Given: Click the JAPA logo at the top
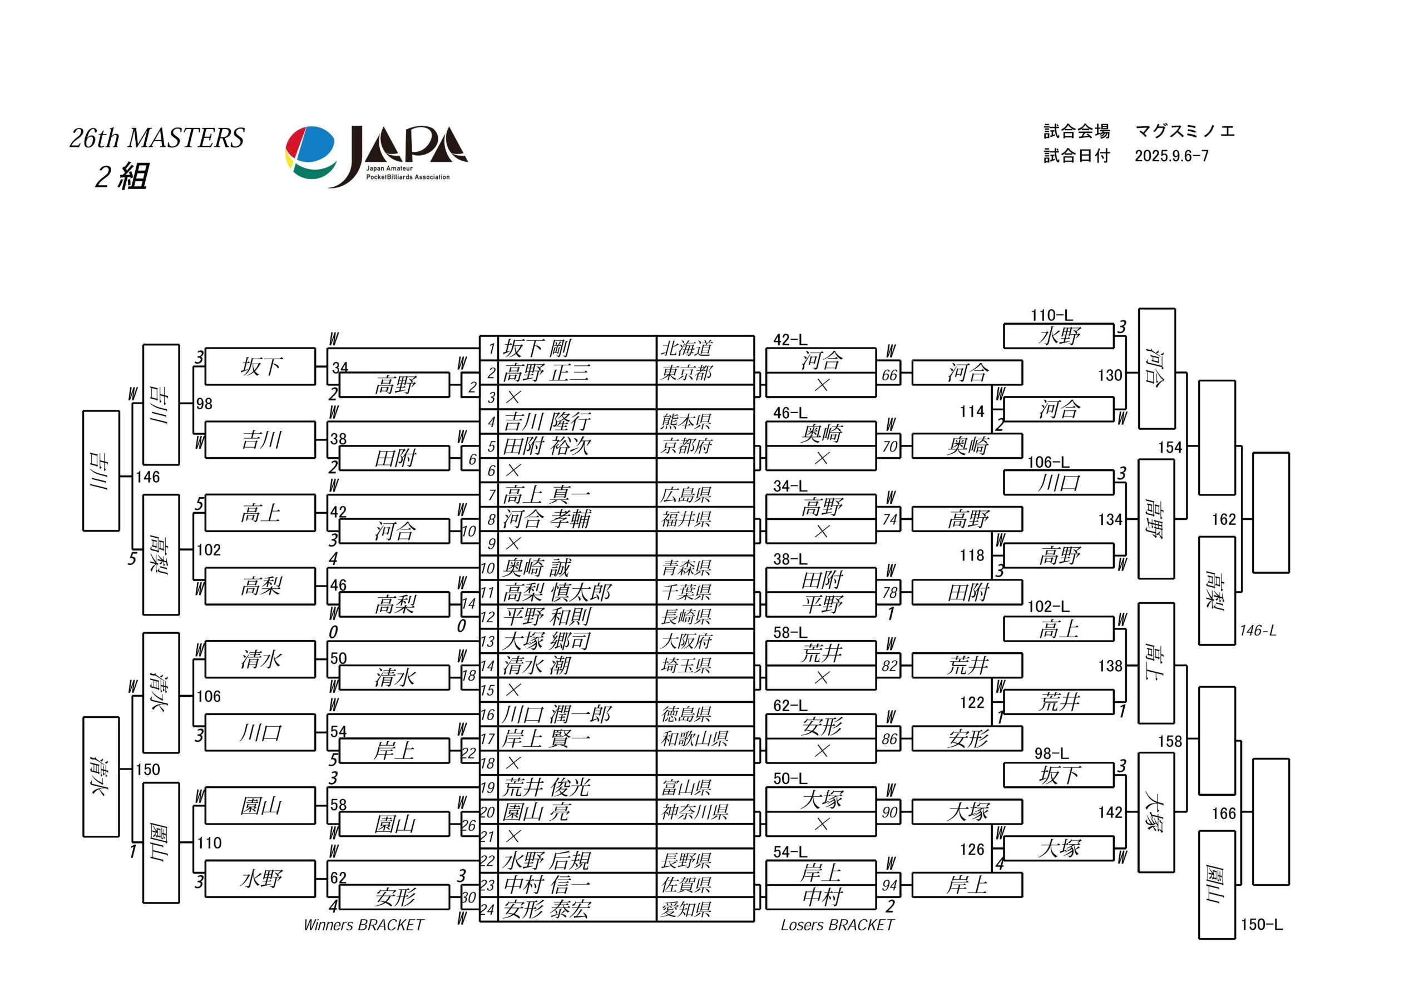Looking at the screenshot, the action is [377, 156].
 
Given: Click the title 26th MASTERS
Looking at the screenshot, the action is [157, 138].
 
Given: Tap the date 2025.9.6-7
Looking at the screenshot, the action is [1171, 156].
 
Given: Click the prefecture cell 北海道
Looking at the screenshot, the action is [686, 349].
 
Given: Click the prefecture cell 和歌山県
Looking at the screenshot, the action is [695, 738].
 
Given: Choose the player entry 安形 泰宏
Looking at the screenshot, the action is [546, 910].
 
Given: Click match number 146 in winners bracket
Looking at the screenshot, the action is [147, 477].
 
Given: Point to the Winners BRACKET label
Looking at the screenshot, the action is [363, 925].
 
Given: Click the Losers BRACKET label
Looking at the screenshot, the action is [837, 925].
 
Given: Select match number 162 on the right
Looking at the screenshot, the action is [1224, 519].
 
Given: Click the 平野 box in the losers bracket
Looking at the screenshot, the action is [821, 604].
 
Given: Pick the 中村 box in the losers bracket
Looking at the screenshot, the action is [821, 897].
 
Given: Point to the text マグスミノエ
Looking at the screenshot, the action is [1185, 131].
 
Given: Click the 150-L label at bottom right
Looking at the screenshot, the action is [1262, 925].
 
